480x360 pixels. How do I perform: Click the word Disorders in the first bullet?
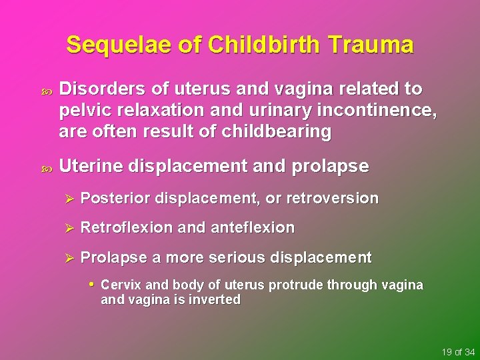[x=97, y=90]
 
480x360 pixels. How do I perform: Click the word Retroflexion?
[x=126, y=228]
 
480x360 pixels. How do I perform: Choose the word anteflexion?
[x=252, y=228]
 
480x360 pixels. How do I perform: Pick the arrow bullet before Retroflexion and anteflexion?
[x=66, y=228]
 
